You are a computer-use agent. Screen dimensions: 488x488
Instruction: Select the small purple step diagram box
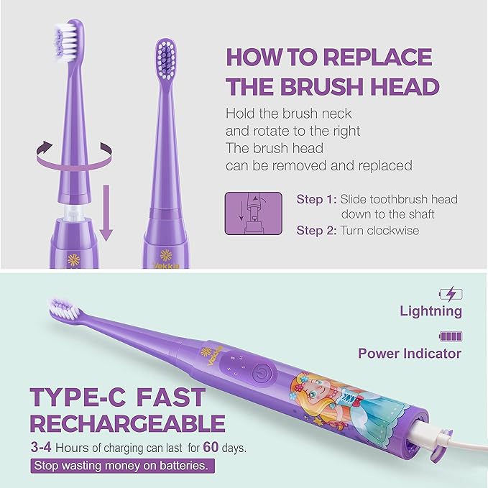pos(252,213)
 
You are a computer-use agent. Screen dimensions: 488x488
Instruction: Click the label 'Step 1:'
pos(316,199)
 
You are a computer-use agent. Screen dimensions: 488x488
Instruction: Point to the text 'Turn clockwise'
pos(379,231)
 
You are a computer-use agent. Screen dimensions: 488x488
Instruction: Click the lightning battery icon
pos(451,293)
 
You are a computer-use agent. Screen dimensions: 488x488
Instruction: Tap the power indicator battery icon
pos(451,336)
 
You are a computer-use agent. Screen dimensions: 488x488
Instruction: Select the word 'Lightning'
pos(431,311)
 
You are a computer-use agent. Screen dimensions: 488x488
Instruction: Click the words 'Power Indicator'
pos(410,354)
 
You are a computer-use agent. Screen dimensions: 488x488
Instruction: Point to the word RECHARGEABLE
pos(126,423)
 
